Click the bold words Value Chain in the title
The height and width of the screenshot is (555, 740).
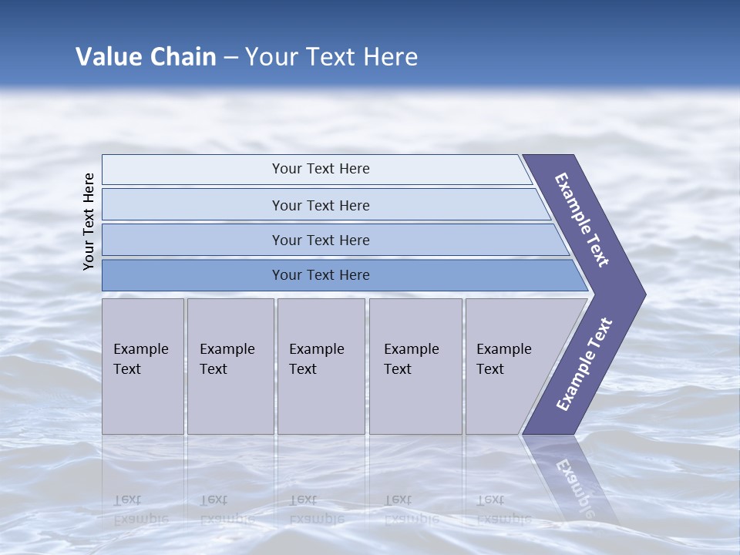pos(146,57)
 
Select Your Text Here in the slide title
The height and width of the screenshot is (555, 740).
pos(331,57)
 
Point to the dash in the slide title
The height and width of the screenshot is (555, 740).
pos(230,58)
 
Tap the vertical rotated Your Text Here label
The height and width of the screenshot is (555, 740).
pos(89,221)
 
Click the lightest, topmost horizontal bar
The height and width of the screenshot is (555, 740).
pos(320,169)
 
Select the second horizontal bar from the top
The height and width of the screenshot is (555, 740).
pos(320,205)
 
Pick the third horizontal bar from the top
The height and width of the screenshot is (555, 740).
pos(320,240)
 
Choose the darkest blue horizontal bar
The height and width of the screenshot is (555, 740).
pos(320,275)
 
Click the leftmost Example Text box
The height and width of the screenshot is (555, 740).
pos(143,365)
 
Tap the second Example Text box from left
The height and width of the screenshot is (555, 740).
pos(230,365)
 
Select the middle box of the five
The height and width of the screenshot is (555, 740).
pos(321,365)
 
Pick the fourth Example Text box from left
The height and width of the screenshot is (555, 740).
pos(415,365)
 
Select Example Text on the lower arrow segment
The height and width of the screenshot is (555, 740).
pos(584,365)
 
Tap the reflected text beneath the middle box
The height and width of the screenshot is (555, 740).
pos(316,510)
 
